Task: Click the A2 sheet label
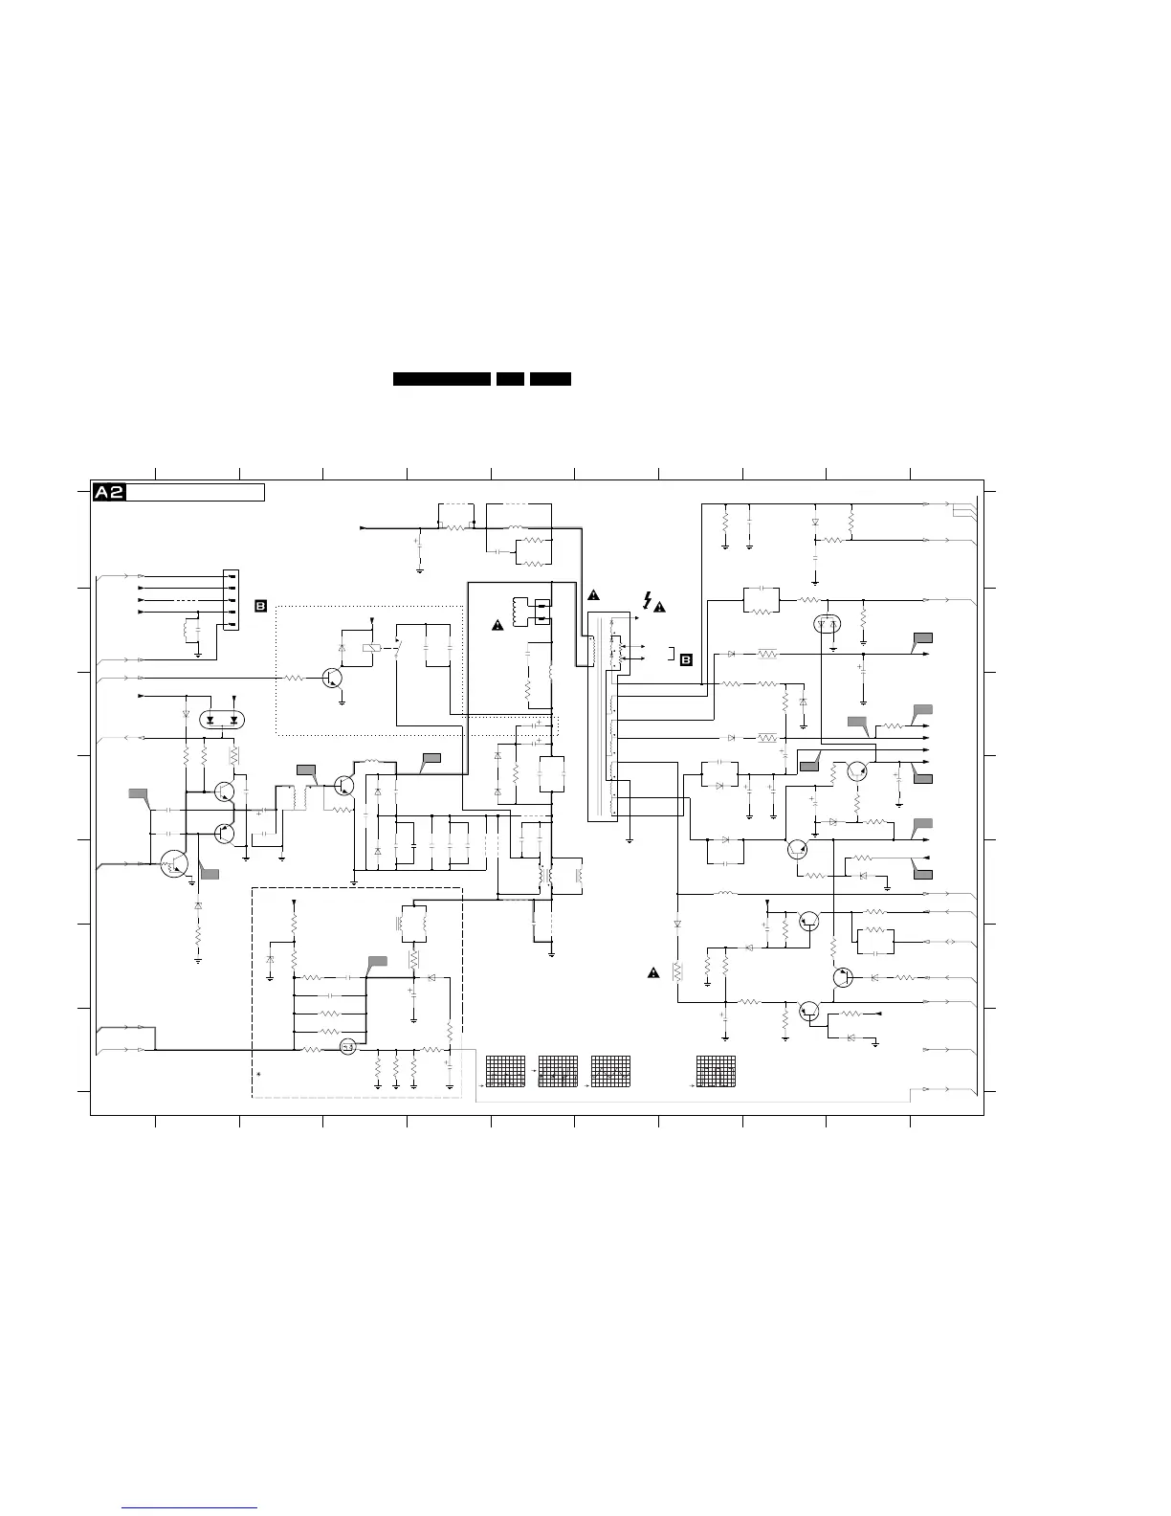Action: coord(109,493)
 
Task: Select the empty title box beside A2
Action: coord(195,493)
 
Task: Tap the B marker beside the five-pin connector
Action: coord(260,606)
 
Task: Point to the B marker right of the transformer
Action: coord(686,658)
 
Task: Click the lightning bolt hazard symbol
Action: coord(648,600)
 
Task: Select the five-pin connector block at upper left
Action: coord(230,601)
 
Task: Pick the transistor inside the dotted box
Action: coord(333,677)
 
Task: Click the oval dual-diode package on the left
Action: coord(221,719)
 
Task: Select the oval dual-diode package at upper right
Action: coord(827,625)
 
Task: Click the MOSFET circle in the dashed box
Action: coord(347,1048)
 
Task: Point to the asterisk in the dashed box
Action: coord(258,1079)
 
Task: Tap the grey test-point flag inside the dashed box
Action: coord(378,961)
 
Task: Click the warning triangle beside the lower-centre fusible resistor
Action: coord(653,973)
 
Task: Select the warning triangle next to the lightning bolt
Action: coord(660,608)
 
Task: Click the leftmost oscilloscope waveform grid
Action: coord(505,1071)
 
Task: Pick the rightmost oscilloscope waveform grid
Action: coord(717,1071)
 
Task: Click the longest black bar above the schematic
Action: coord(442,379)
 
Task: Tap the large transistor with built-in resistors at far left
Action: coord(174,864)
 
